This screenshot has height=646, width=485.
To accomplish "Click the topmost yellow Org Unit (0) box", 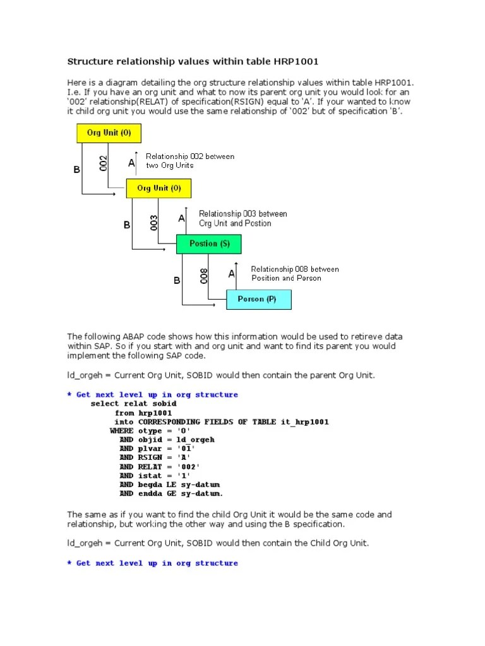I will point(109,133).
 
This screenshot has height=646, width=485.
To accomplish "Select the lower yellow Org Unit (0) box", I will point(158,188).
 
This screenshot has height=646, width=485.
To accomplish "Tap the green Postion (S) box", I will point(208,244).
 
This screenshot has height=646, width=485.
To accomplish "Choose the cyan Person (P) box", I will point(259,299).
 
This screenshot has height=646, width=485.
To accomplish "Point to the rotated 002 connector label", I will point(104,163).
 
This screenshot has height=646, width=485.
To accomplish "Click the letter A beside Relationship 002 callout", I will point(131,163).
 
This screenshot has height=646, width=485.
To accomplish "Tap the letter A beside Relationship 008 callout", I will point(231,274).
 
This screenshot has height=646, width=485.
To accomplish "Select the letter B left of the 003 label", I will point(127,225).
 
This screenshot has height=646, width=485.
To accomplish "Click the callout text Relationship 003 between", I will point(242,214).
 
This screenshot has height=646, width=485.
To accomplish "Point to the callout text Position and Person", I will point(286,278).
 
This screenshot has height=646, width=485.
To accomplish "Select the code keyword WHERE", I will point(122,430).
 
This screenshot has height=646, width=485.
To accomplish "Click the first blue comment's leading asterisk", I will point(69,395).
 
